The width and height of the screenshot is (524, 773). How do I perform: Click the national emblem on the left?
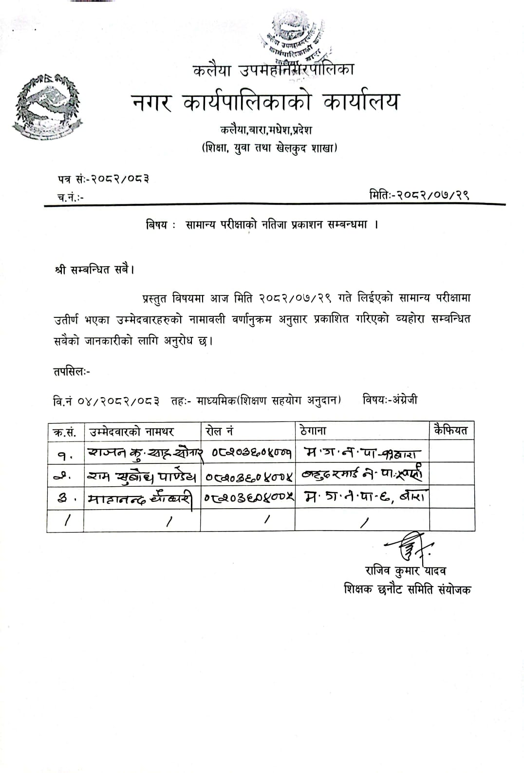pos(47,106)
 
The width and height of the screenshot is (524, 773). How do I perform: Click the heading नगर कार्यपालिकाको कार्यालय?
pos(265,102)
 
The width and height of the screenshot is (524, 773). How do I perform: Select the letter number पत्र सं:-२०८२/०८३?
pos(103,179)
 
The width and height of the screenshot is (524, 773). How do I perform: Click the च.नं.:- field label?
pos(71,198)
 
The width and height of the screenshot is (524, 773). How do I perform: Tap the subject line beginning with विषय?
pos(262,225)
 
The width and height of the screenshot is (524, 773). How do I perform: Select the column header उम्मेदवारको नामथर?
pos(131,431)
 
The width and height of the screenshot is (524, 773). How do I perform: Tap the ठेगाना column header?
pos(314,431)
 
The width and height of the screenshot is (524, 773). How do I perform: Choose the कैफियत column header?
pos(450,430)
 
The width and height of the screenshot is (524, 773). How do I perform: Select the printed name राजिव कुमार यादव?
pos(406,571)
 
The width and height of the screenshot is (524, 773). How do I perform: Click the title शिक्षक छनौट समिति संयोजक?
pos(407,589)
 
